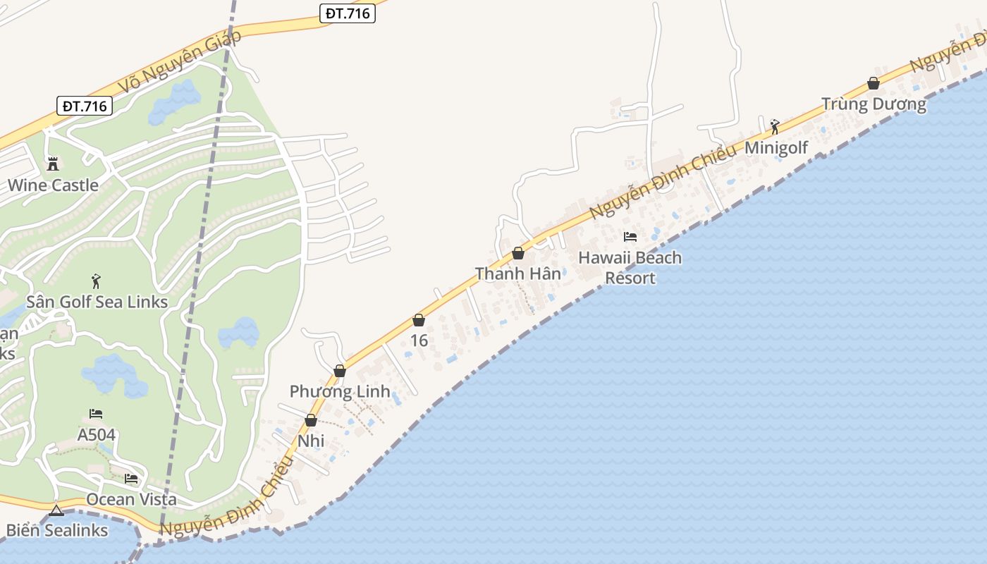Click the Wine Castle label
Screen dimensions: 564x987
tap(53, 185)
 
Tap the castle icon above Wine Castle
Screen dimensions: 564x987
tap(53, 164)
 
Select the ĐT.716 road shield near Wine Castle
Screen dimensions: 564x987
tap(85, 106)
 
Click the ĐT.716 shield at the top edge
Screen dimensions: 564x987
tap(347, 13)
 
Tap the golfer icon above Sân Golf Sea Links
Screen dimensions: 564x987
tap(97, 281)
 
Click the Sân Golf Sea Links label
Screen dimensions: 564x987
tap(97, 302)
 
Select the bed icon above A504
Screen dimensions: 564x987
tap(96, 414)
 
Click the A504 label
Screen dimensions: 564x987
tap(96, 434)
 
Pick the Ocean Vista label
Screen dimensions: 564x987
tap(131, 499)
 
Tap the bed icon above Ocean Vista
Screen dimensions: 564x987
tap(131, 479)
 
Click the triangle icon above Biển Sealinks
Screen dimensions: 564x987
tap(56, 510)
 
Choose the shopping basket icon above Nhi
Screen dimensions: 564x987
tap(311, 420)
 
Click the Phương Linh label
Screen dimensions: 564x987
tap(340, 391)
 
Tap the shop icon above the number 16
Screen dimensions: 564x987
tap(419, 320)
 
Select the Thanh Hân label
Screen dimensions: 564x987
tap(518, 274)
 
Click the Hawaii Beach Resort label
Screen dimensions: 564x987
tap(630, 268)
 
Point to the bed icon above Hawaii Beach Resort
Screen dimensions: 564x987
tap(630, 237)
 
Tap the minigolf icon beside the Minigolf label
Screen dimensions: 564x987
tap(775, 127)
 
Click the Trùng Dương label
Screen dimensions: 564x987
tap(873, 104)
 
